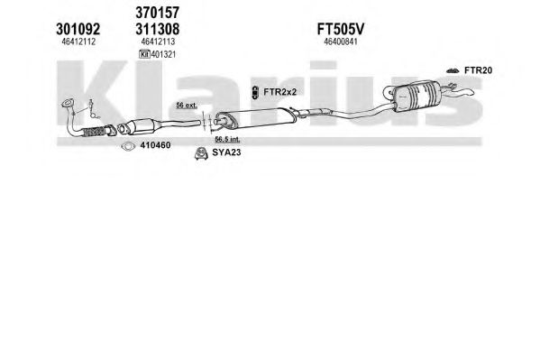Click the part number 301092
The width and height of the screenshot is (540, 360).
[x=78, y=29]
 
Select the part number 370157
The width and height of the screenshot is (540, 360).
[x=158, y=13]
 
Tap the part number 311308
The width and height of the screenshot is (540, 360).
[x=158, y=29]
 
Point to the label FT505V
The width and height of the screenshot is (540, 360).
[x=340, y=29]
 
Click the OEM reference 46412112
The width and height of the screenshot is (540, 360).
[x=78, y=42]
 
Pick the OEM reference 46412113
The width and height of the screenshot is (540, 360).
[x=158, y=42]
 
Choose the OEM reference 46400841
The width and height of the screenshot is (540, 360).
[x=341, y=42]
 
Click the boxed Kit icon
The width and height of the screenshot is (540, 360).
[x=144, y=54]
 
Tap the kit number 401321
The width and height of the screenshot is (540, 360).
[x=163, y=54]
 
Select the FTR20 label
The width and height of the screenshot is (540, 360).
[x=479, y=70]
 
